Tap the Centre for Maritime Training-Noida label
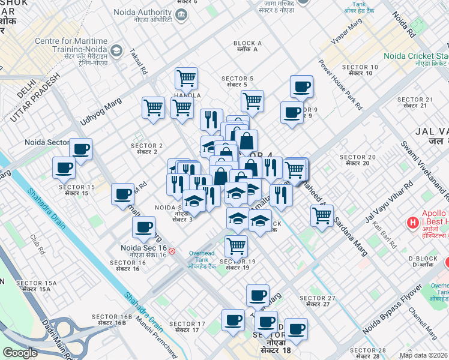click(x=71, y=45)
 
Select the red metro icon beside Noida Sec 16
click(x=172, y=251)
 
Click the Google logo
click(x=20, y=353)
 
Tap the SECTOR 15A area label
click(x=36, y=283)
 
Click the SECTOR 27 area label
click(x=317, y=298)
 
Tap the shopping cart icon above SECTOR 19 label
click(x=237, y=245)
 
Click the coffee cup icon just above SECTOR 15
click(x=64, y=167)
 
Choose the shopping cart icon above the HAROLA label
click(x=187, y=77)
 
